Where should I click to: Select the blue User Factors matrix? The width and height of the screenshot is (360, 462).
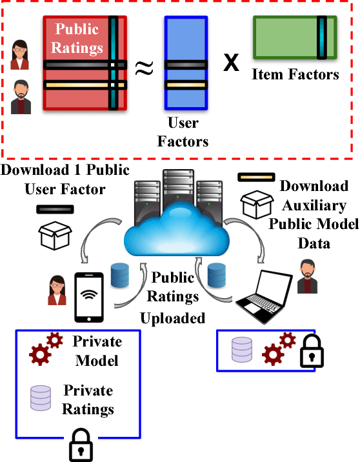186,61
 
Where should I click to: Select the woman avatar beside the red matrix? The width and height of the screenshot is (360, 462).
20,54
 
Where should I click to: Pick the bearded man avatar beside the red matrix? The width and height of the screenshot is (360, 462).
20,97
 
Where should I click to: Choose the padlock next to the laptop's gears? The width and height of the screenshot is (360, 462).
311,352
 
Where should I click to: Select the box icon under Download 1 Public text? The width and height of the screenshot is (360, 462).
54,236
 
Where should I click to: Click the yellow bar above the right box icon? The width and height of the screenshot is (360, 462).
256,176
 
